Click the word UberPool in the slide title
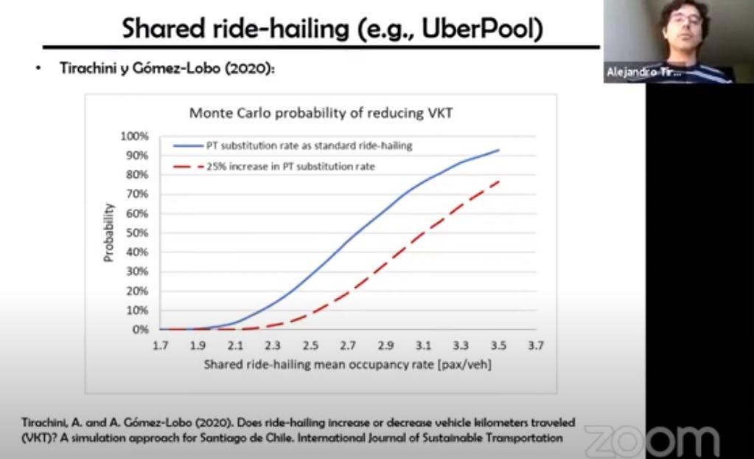coord(482,28)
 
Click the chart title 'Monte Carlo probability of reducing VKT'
coord(321,113)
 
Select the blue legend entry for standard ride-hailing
coord(293,145)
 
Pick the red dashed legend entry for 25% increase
coord(273,167)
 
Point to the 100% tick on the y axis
coord(134,137)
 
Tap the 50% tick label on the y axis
coord(136,233)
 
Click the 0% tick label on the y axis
coord(140,330)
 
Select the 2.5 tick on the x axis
coord(310,346)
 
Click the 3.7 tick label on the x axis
coord(536,346)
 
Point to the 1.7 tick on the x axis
coord(160,346)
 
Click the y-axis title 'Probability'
coord(108,232)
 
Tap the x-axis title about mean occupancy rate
coord(348,365)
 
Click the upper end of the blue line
coord(499,151)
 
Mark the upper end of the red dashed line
coord(499,181)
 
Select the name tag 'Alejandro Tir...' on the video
coord(643,72)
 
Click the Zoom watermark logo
coord(652,441)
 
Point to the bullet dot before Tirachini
coord(38,69)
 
